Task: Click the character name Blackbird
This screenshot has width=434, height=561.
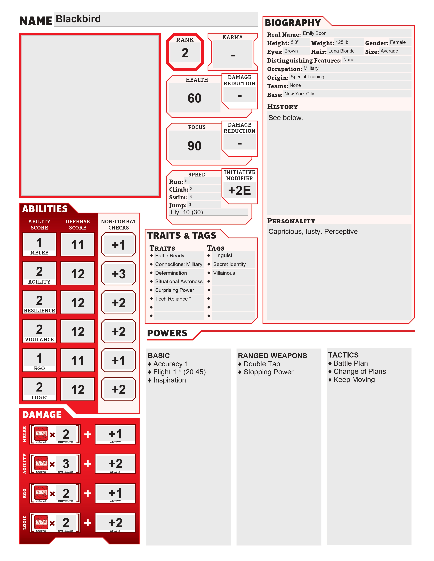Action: coord(78,19)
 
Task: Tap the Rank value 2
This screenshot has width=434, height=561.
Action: coord(185,53)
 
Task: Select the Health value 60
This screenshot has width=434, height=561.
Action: coord(194,98)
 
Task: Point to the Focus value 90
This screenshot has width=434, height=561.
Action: coord(194,146)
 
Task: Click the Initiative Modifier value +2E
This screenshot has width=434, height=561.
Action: coord(239,190)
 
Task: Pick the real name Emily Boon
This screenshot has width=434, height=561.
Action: coord(315,33)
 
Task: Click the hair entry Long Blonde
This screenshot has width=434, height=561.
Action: coord(341,51)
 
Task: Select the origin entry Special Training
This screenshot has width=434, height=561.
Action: coord(307,77)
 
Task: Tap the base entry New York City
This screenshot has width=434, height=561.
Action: coord(299,94)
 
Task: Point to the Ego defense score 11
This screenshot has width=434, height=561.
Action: coord(77,360)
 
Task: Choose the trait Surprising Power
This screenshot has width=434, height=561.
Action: coord(175,290)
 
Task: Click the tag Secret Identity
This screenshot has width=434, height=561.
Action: coord(229,264)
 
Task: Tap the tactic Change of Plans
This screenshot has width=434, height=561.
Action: coord(359,371)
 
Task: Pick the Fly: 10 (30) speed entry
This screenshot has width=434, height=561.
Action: coord(187,212)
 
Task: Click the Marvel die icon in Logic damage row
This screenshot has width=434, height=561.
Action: coord(41,522)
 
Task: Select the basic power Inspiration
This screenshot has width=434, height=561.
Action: coord(170,380)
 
